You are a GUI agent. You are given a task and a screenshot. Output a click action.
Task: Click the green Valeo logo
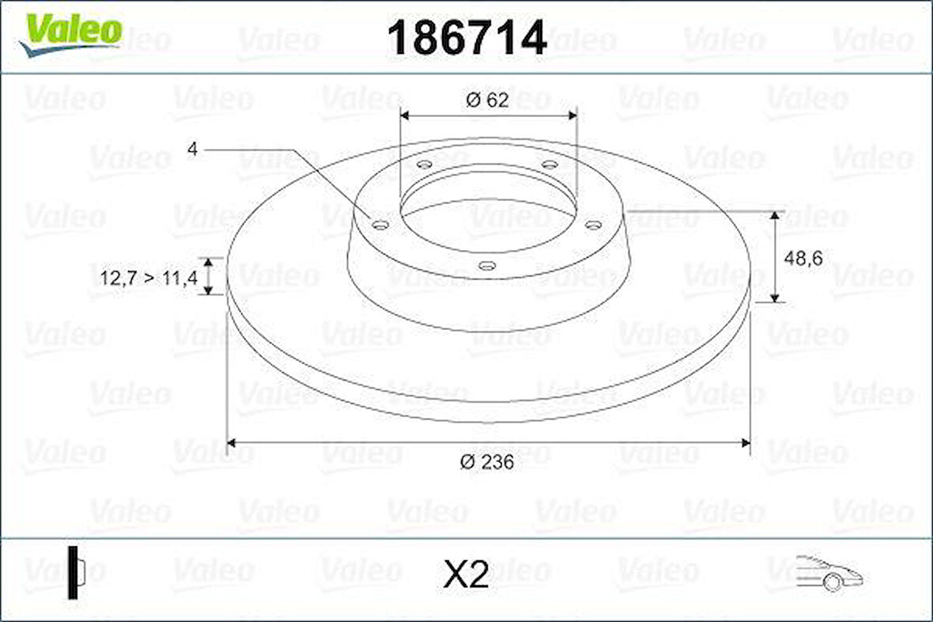(70, 35)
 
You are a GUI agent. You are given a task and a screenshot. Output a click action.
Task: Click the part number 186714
(466, 37)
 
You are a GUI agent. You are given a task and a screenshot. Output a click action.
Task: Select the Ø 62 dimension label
(488, 100)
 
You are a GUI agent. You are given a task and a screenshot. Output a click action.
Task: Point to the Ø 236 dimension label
(487, 461)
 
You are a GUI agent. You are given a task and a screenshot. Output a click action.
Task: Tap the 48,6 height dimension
(803, 258)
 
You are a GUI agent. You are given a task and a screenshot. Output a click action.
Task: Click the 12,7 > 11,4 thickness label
(149, 277)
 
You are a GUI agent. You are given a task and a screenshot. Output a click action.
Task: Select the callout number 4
(192, 148)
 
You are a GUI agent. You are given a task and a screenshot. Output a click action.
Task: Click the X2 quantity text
(466, 575)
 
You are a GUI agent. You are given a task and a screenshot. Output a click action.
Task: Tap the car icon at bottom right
(829, 573)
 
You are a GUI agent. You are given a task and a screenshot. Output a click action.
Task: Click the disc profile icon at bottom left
(76, 572)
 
